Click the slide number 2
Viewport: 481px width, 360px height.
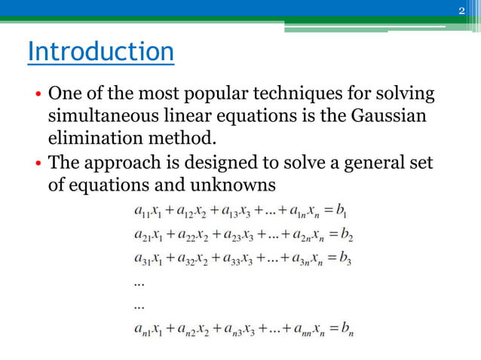462,10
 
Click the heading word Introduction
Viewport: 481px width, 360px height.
100,52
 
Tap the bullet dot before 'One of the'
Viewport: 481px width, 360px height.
37,96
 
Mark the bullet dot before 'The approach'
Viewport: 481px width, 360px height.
37,163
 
